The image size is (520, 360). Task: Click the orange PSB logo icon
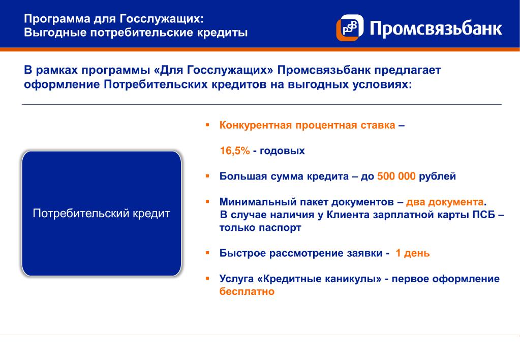[x=350, y=27]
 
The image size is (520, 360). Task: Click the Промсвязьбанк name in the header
[x=436, y=28]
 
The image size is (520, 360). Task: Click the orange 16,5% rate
[x=235, y=151]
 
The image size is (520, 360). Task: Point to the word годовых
[x=282, y=151]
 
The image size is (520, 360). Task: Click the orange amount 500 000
[x=396, y=176]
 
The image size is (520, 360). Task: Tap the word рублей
[x=438, y=176]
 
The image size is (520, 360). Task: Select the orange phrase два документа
[x=445, y=202]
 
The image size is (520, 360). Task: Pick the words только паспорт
[x=260, y=228]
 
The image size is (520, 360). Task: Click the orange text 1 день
[x=413, y=254]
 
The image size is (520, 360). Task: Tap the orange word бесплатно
[x=247, y=291]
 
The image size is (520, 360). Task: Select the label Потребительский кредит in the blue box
[x=102, y=214]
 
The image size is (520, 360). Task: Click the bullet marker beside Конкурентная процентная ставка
[x=207, y=125]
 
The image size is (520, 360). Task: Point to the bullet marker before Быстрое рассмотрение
[x=207, y=253]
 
